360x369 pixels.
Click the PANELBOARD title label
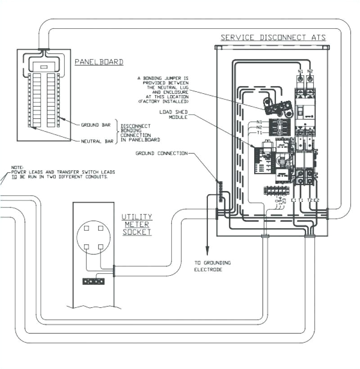pyautogui.click(x=99, y=62)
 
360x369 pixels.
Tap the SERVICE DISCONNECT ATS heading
pyautogui.click(x=273, y=38)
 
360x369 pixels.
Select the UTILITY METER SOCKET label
pyautogui.click(x=137, y=224)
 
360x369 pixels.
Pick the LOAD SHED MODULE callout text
pyautogui.click(x=171, y=114)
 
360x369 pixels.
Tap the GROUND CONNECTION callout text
pyautogui.click(x=162, y=154)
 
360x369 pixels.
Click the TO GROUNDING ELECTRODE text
pyautogui.click(x=212, y=266)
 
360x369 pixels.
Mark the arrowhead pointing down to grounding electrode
pyautogui.click(x=207, y=252)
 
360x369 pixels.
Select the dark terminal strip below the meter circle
pyautogui.click(x=93, y=281)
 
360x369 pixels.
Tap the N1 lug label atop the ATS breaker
pyautogui.click(x=300, y=71)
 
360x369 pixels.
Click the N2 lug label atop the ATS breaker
pyautogui.click(x=310, y=71)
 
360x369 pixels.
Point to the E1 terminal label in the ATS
pyautogui.click(x=293, y=200)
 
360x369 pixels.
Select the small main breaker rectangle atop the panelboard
pyautogui.click(x=44, y=67)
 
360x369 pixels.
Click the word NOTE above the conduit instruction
pyautogui.click(x=17, y=167)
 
